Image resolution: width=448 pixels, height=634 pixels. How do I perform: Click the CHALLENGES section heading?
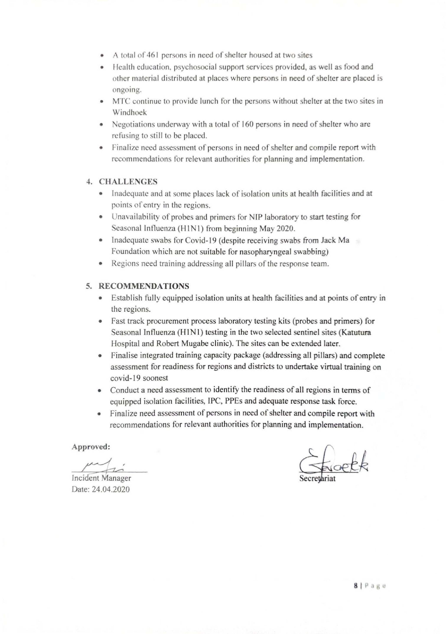128,182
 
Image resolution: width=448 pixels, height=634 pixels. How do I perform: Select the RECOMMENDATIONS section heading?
144,286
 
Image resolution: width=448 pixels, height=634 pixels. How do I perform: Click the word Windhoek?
129,113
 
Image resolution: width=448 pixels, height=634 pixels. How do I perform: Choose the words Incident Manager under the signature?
101,478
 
